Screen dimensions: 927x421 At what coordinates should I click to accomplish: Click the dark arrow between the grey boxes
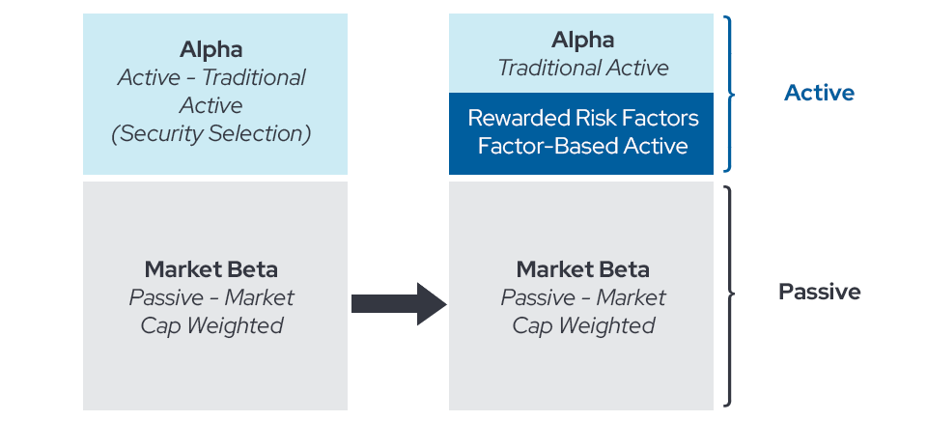[399, 304]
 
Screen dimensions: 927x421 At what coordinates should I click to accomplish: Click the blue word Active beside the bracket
[819, 93]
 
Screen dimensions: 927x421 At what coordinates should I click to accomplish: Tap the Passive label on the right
[820, 292]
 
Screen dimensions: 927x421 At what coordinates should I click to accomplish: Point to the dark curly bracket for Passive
[733, 294]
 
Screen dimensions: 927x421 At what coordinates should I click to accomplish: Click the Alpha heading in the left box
[211, 49]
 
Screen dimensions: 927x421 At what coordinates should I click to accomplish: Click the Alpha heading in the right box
[582, 40]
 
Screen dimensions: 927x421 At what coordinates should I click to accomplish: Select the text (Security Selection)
[211, 133]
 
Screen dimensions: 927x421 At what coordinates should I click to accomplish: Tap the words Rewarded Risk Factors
[583, 118]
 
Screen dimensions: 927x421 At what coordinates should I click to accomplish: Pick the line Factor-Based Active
[583, 146]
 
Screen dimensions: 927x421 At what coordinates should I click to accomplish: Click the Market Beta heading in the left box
[211, 270]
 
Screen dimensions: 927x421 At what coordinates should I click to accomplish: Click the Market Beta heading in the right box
[583, 270]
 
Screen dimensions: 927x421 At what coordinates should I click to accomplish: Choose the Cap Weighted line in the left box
[211, 325]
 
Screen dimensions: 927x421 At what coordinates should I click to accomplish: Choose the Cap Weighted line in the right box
[583, 325]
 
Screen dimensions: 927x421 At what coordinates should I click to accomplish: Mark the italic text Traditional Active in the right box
[583, 68]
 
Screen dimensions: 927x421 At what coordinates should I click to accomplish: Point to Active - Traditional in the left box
[211, 77]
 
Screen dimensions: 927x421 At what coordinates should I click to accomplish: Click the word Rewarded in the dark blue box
[515, 118]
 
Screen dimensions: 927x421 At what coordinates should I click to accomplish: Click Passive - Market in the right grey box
[583, 297]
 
